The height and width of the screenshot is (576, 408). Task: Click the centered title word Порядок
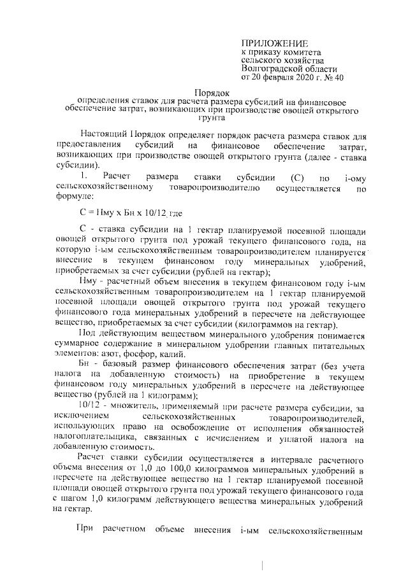(211, 92)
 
